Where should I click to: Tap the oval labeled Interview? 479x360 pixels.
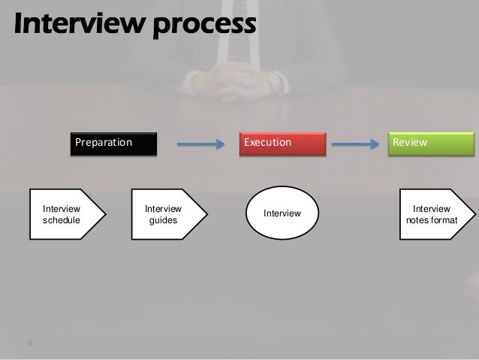282,214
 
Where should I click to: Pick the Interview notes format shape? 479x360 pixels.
431,214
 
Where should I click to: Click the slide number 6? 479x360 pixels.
31,344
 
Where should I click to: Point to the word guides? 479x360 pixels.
163,221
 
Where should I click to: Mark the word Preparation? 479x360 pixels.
103,142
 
